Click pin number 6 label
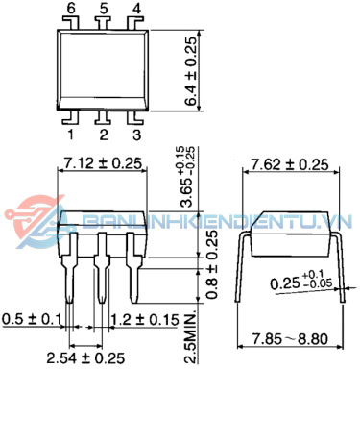point(71,9)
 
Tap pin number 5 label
point(104,9)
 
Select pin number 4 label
point(136,9)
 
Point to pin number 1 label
point(71,135)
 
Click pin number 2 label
point(104,135)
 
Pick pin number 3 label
point(136,135)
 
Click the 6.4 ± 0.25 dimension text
point(190,71)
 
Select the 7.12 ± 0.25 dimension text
point(103,163)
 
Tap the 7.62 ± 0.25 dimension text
point(290,164)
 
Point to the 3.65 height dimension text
point(187,177)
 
